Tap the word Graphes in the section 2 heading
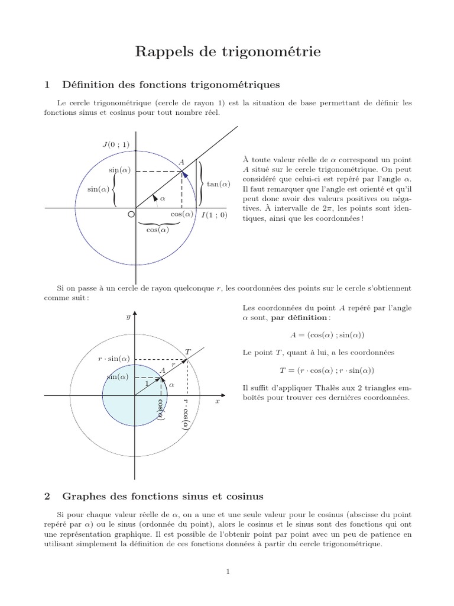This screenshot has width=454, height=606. [x=83, y=495]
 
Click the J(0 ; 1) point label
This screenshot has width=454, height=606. [x=115, y=144]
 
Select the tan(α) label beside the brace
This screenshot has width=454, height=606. [x=218, y=184]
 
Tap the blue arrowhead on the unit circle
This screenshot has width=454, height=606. [x=185, y=174]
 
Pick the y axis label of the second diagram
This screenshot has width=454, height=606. [x=128, y=317]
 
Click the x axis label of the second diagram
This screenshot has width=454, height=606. [x=217, y=401]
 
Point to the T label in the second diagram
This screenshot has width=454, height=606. [x=187, y=352]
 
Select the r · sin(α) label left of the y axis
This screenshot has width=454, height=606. [x=114, y=359]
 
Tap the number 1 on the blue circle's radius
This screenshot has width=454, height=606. [x=147, y=383]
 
